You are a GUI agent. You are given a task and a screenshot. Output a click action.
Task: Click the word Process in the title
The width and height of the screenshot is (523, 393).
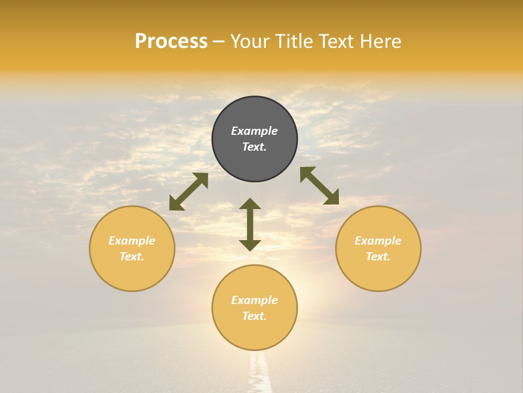[x=171, y=41]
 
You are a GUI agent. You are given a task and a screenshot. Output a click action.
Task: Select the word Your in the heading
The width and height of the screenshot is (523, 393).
[x=251, y=41]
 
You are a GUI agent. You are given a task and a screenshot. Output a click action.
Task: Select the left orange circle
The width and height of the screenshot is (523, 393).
[x=132, y=273]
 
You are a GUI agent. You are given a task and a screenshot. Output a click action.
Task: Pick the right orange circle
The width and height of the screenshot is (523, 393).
[x=378, y=273]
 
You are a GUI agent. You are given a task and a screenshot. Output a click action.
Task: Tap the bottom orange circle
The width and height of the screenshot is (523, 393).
[x=254, y=333]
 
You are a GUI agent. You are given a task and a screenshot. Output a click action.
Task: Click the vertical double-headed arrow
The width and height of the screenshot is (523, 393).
[x=250, y=224]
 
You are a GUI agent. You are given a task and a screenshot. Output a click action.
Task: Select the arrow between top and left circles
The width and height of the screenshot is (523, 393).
[x=188, y=192]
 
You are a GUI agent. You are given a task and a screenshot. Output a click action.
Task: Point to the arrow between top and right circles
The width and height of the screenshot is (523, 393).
[x=319, y=186]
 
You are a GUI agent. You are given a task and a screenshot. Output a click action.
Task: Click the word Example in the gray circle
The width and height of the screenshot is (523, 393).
[x=254, y=131]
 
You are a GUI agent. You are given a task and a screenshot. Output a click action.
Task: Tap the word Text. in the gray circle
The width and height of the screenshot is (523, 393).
[x=254, y=147]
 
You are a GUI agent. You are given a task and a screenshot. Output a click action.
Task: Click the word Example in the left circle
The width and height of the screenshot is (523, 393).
[x=132, y=241]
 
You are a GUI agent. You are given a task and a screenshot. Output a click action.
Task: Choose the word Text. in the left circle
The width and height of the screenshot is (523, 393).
[x=132, y=257]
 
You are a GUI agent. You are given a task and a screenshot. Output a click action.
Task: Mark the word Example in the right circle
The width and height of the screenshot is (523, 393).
[x=378, y=241]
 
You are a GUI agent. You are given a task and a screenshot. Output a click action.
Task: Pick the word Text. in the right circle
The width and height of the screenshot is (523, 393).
[x=378, y=257]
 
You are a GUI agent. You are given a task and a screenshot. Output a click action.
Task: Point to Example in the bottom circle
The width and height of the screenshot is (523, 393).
[x=254, y=300]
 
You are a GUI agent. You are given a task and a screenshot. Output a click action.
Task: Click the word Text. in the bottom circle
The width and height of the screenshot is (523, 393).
[x=254, y=316]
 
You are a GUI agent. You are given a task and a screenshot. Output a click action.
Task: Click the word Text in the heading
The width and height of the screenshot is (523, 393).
[x=336, y=41]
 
